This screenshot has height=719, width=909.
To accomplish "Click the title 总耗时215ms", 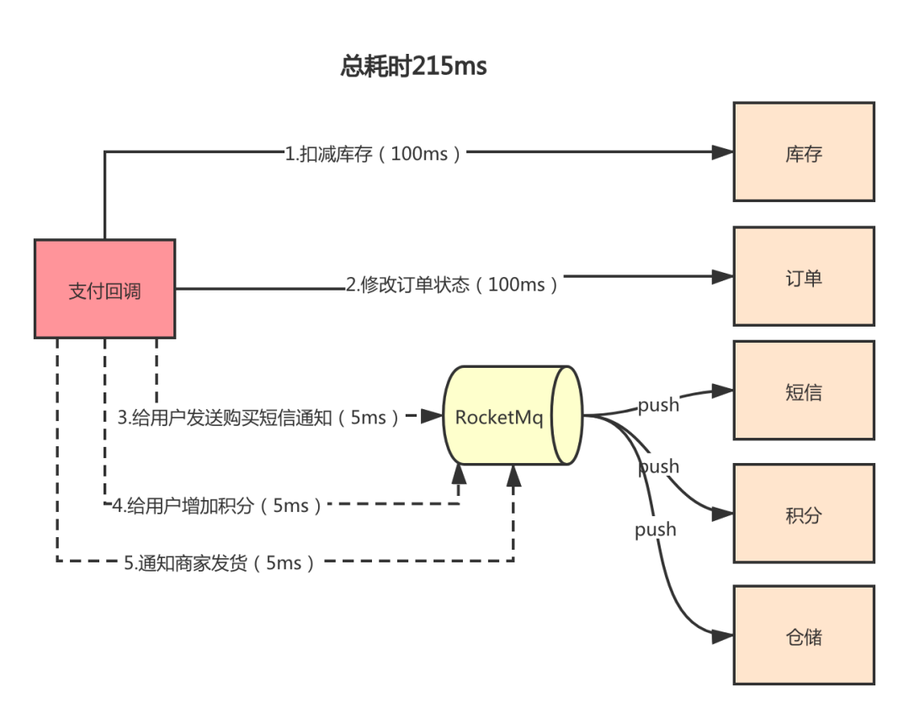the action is [x=413, y=66].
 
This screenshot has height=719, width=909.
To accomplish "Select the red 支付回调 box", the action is [x=105, y=289].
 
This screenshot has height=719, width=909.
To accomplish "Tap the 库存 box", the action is [x=804, y=152].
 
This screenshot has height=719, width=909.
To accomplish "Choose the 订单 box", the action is [x=804, y=277].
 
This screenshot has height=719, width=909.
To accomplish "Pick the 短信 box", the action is [x=804, y=391].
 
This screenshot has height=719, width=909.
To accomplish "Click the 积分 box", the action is [x=804, y=514].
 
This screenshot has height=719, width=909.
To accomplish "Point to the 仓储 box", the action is [x=804, y=635].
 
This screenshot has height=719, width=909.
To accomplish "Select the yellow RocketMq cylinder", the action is [x=513, y=415].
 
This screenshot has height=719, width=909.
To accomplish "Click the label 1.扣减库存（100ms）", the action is [x=375, y=154].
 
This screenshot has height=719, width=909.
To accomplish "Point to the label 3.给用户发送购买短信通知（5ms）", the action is [x=259, y=418].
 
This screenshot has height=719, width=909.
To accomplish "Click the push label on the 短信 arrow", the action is [x=658, y=405].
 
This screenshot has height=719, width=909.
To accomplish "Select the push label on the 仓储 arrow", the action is [x=656, y=530].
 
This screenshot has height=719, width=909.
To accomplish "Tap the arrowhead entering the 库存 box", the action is [x=723, y=152].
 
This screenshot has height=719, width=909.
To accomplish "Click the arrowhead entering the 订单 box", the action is [x=723, y=277].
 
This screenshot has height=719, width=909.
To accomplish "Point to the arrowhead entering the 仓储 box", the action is [x=723, y=636].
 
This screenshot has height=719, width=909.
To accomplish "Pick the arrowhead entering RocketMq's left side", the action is [x=432, y=416].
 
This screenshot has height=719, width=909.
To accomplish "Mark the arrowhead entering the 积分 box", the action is [x=723, y=514].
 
